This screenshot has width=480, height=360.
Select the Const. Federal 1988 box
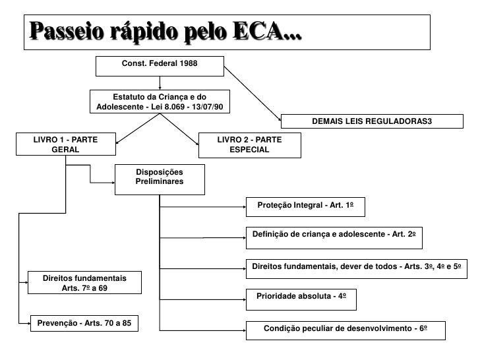pyautogui.click(x=160, y=65)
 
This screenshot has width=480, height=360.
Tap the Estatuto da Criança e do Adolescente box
pyautogui.click(x=160, y=102)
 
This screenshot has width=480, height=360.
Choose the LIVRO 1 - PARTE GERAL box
pyautogui.click(x=65, y=144)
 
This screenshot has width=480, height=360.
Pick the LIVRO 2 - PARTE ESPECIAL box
pyautogui.click(x=249, y=144)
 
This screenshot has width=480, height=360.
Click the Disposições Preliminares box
pyautogui.click(x=160, y=178)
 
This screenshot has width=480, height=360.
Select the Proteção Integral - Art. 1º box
pyautogui.click(x=305, y=206)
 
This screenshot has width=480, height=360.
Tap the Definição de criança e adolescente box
pyautogui.click(x=334, y=235)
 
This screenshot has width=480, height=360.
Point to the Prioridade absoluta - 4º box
pyautogui.click(x=301, y=297)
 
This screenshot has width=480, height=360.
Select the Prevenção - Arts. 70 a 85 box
pyautogui.click(x=84, y=323)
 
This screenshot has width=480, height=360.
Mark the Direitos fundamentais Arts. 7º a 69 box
pyautogui.click(x=84, y=283)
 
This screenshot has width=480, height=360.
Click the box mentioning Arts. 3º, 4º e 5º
pyautogui.click(x=359, y=266)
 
